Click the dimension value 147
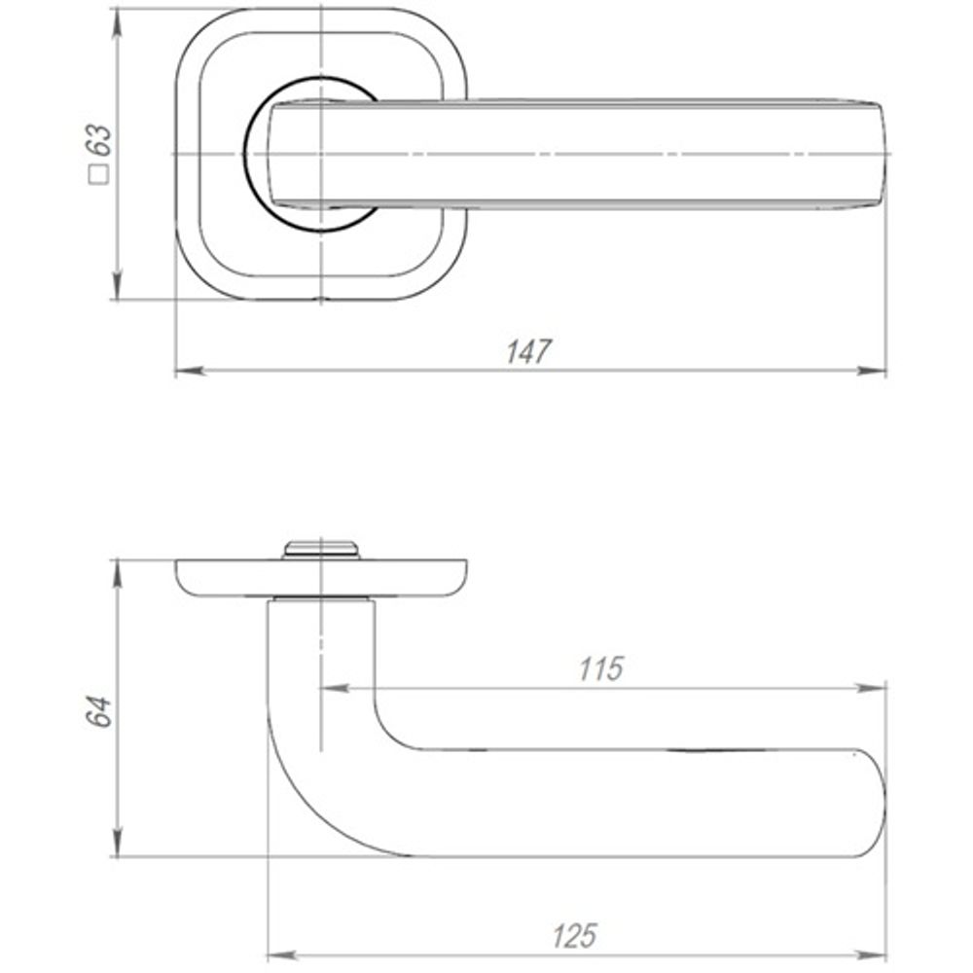click(528, 351)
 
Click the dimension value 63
click(99, 140)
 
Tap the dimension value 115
click(600, 668)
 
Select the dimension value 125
click(574, 936)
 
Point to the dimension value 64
click(98, 711)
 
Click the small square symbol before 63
click(99, 174)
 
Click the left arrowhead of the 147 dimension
click(190, 371)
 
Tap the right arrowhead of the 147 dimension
click(872, 371)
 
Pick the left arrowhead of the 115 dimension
click(335, 688)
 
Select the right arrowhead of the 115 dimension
click(872, 688)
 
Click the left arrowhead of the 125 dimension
click(282, 955)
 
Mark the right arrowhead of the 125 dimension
click(872, 955)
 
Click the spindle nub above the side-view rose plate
click(321, 550)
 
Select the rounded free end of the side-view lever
click(872, 804)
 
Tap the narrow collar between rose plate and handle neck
click(322, 598)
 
